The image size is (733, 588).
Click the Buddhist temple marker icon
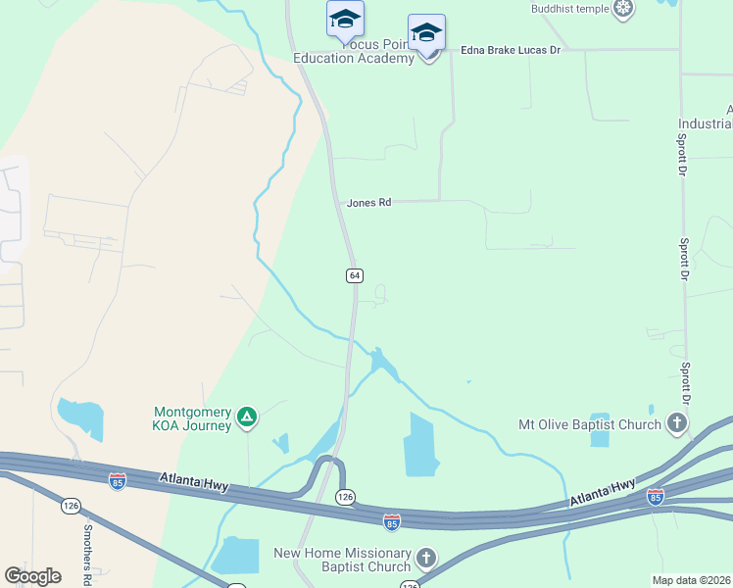622,10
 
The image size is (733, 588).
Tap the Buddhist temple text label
570,9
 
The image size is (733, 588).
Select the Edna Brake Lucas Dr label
510,49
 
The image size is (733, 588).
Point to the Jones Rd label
368,203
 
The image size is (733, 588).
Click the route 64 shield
355,275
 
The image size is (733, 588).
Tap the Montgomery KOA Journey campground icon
247,417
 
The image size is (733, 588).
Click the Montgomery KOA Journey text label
192,418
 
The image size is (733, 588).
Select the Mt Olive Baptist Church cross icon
676,424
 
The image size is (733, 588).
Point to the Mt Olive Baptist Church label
589,425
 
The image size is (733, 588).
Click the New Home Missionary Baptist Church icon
426,559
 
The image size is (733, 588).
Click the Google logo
32,576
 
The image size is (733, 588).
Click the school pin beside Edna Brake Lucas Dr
426,33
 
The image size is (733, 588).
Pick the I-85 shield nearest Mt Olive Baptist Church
656,497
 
